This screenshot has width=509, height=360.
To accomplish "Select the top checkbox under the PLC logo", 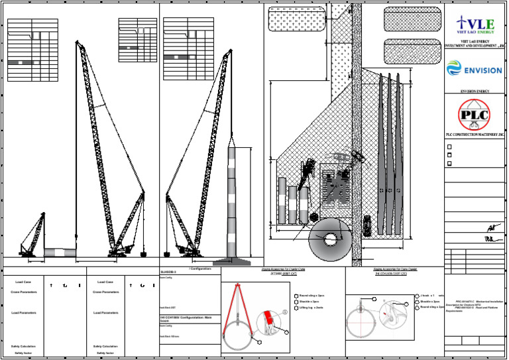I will pyautogui.click(x=449, y=147).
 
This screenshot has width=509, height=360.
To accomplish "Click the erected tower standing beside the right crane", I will pyautogui.click(x=231, y=202).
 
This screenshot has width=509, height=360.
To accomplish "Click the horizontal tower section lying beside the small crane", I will pyautogui.click(x=59, y=253).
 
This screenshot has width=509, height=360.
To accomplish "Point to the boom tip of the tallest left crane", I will pyautogui.click(x=79, y=43).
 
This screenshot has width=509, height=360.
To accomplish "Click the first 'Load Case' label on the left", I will pyautogui.click(x=25, y=282).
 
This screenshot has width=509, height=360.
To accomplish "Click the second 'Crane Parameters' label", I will pyautogui.click(x=107, y=292).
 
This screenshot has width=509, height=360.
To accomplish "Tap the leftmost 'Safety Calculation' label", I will pyautogui.click(x=25, y=346).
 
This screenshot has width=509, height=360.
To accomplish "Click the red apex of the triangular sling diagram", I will pyautogui.click(x=237, y=286).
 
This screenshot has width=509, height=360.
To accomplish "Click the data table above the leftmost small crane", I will pyautogui.click(x=29, y=50).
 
